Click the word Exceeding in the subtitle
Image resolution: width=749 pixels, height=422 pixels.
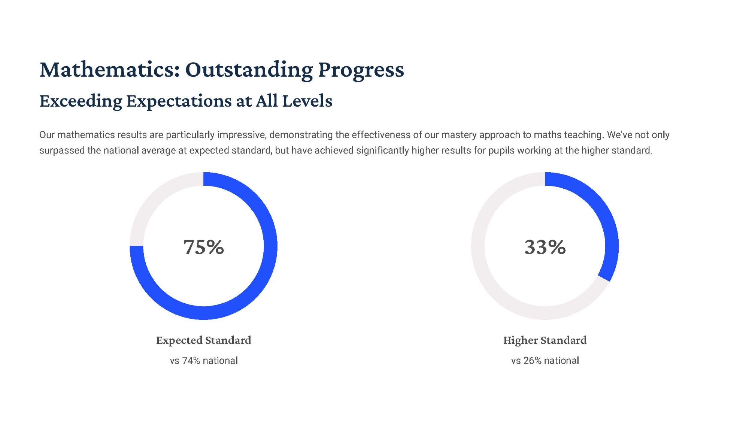81,101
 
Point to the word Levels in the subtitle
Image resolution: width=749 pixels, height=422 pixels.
307,101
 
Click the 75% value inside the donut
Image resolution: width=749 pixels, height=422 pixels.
204,247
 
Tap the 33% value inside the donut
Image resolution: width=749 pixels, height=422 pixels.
545,247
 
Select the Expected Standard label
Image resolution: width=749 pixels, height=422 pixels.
204,340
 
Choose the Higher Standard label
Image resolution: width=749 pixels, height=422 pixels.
545,340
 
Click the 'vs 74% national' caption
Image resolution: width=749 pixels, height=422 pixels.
204,361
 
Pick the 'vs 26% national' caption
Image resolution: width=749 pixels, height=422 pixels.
545,361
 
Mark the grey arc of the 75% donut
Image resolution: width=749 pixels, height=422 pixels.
151,194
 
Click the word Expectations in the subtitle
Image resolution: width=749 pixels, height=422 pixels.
179,101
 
